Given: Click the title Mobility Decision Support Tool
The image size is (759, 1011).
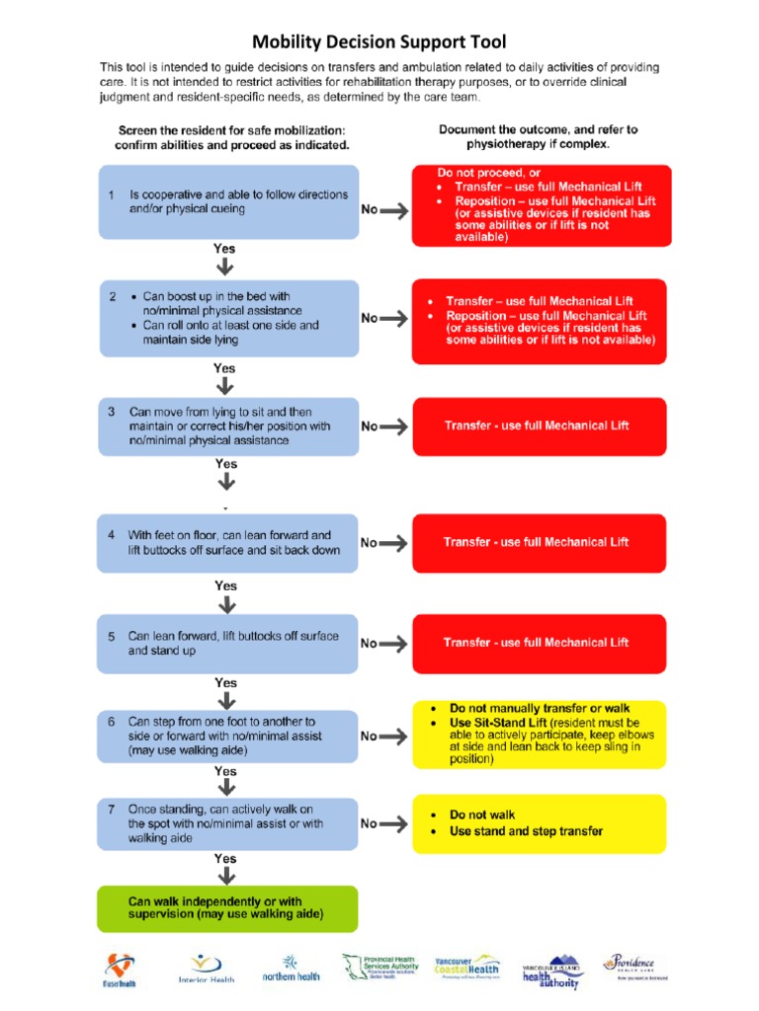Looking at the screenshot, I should click(x=379, y=41).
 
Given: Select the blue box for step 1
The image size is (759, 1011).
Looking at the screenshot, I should click(x=228, y=201).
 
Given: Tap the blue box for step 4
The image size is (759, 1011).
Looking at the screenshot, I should click(x=228, y=542).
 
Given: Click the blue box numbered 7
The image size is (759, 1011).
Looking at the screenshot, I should click(x=228, y=823).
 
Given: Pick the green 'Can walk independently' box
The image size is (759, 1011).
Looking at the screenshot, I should click(x=228, y=908).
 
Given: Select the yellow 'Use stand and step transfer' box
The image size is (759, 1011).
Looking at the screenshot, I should click(x=540, y=823).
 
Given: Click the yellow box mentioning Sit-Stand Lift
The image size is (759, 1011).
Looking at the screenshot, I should click(x=540, y=735).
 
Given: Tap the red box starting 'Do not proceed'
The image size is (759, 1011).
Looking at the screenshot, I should click(x=542, y=206).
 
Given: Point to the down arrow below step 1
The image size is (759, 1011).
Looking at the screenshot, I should click(x=225, y=267).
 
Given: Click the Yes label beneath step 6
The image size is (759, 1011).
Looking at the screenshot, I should click(x=225, y=771).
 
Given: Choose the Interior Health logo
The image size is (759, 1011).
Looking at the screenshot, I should click(x=206, y=970).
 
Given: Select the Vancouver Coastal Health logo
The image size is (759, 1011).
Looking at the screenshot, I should click(x=469, y=970).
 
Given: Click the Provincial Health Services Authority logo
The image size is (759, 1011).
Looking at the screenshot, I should click(x=380, y=969).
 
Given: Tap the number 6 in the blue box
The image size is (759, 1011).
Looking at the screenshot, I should click(x=112, y=722).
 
